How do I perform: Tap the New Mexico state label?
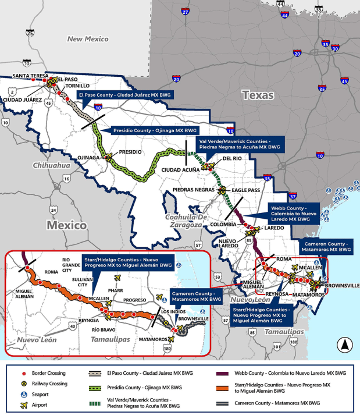88,39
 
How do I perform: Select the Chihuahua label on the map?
51,165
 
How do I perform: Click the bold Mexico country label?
66,225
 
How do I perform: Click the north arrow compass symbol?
345,345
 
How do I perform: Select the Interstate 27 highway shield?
186,11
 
